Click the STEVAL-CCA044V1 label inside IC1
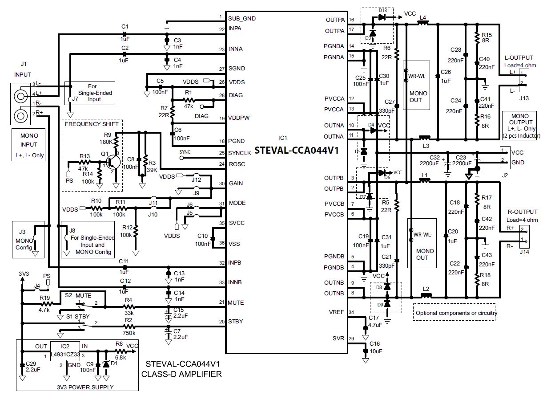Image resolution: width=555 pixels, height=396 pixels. (297, 150)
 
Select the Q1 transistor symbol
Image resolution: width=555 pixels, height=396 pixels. (114, 160)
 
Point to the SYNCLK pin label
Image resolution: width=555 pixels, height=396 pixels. (240, 153)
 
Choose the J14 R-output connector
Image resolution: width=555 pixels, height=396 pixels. (524, 237)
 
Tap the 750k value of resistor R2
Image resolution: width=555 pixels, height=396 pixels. (129, 333)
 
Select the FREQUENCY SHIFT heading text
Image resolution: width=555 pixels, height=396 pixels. (92, 124)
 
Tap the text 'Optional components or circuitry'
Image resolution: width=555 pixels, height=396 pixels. (455, 313)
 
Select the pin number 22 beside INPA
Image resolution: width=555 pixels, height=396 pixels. (221, 29)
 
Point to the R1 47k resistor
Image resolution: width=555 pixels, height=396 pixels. (189, 101)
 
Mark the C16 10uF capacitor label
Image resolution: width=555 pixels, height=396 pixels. (374, 347)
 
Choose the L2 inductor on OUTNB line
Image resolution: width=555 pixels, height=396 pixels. (426, 294)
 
